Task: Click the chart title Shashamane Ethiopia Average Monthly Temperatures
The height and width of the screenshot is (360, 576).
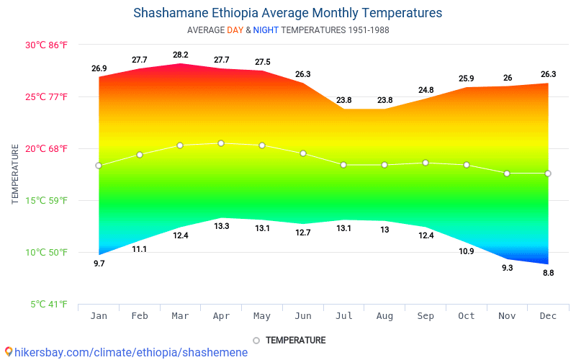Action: pyautogui.click(x=288, y=13)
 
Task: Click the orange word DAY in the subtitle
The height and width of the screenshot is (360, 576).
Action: pyautogui.click(x=235, y=30)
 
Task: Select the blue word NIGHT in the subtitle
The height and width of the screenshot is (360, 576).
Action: pyautogui.click(x=266, y=30)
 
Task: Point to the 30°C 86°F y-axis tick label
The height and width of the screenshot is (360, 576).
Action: pyautogui.click(x=46, y=45)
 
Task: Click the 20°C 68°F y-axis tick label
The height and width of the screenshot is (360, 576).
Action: pyautogui.click(x=46, y=149)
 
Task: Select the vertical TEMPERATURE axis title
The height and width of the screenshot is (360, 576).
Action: pyautogui.click(x=15, y=174)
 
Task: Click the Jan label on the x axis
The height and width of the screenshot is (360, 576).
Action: pyautogui.click(x=99, y=316)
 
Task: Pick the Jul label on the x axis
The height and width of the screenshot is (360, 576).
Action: pyautogui.click(x=343, y=316)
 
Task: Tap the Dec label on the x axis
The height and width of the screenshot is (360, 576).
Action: pyautogui.click(x=548, y=316)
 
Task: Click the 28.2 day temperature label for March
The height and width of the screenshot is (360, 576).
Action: pyautogui.click(x=180, y=55)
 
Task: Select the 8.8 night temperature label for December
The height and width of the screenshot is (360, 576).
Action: pyautogui.click(x=548, y=273)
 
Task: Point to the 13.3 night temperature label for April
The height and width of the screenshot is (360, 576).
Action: pyautogui.click(x=221, y=226)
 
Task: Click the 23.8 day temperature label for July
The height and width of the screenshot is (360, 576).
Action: pyautogui.click(x=343, y=100)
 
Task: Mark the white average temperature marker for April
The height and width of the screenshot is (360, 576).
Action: pyautogui.click(x=221, y=143)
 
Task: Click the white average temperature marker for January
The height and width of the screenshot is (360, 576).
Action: pyautogui.click(x=99, y=166)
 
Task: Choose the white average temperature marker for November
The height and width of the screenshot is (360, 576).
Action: pyautogui.click(x=507, y=174)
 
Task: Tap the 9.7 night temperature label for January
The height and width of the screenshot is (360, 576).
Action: pyautogui.click(x=99, y=264)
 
